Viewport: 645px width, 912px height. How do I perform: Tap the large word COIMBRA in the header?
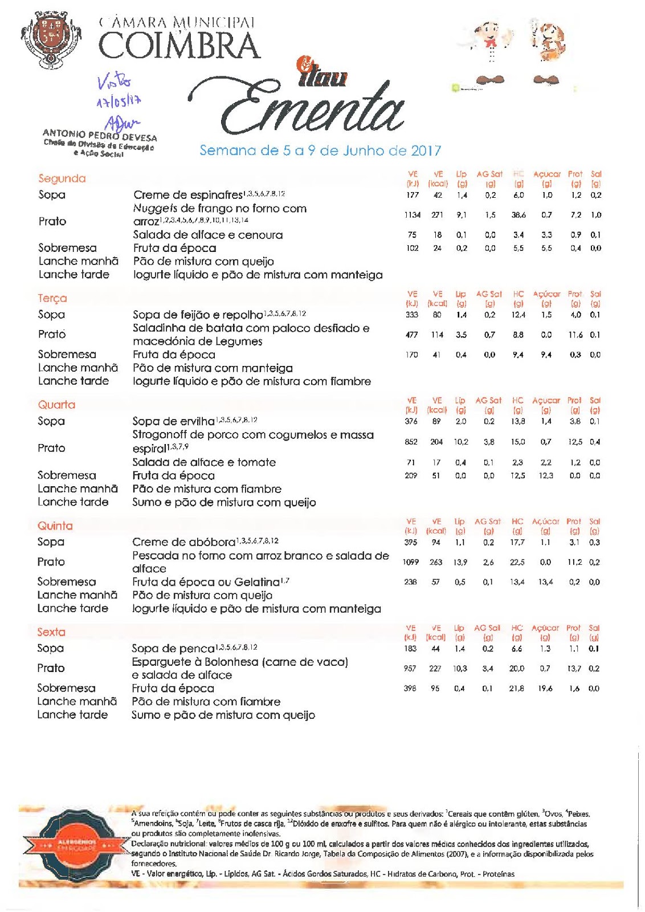179,46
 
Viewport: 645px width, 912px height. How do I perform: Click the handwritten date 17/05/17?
118,102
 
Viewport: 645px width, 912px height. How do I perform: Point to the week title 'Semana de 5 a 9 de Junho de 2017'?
320,150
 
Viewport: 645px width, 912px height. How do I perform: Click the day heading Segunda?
62,178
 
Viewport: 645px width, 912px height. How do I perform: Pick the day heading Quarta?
56,405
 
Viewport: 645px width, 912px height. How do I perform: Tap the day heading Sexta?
51,632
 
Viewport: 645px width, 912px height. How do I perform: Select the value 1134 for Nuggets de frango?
412,215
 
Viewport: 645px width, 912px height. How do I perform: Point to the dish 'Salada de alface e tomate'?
204,462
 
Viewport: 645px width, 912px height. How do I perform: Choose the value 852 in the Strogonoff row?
411,442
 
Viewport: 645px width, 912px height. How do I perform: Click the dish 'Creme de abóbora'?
183,542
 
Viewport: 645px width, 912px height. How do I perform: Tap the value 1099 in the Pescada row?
410,562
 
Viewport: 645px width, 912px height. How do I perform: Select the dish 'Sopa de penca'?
173,648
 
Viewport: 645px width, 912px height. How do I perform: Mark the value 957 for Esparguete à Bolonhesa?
410,668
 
